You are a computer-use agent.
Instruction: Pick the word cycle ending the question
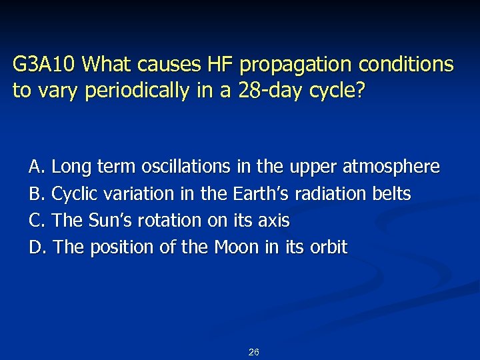[x=339, y=91]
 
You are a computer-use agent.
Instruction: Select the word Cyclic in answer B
[x=72, y=194]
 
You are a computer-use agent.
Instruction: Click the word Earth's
[x=262, y=194]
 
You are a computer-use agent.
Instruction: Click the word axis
[x=276, y=221]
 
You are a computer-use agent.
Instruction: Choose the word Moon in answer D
[x=237, y=247]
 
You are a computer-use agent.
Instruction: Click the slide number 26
[x=253, y=352]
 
